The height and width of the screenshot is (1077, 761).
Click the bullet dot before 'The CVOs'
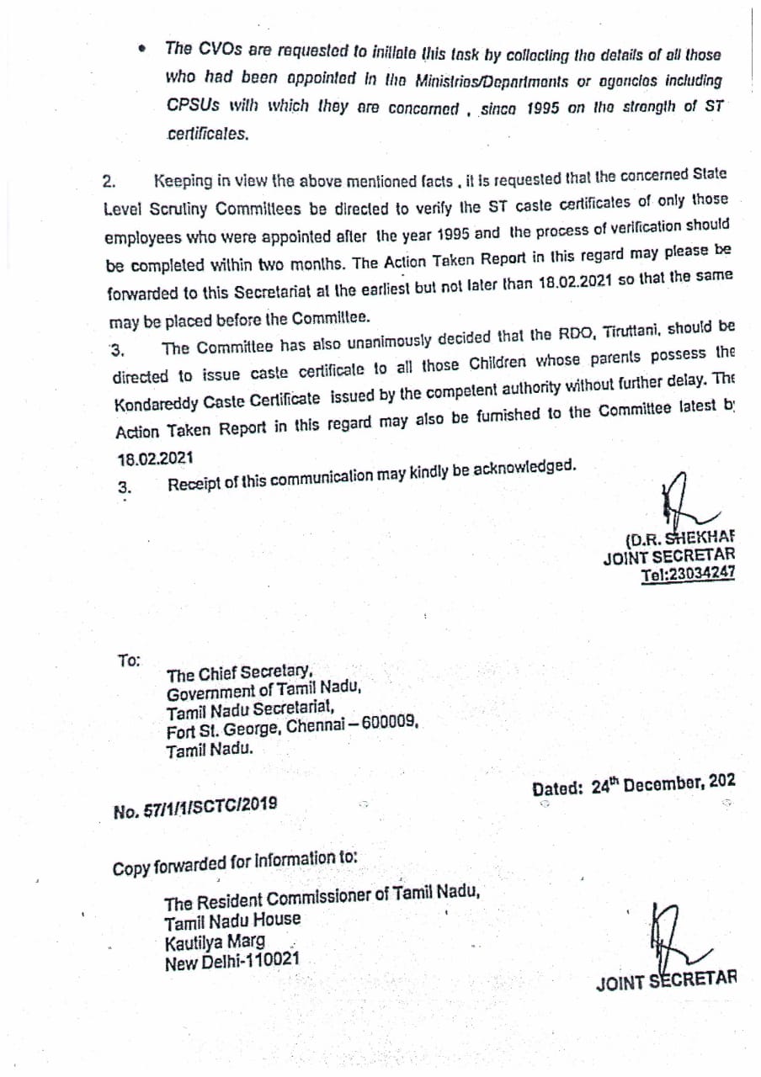click(x=144, y=50)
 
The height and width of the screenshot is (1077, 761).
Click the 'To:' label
click(x=130, y=661)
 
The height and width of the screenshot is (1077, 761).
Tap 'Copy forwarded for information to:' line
click(x=235, y=862)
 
